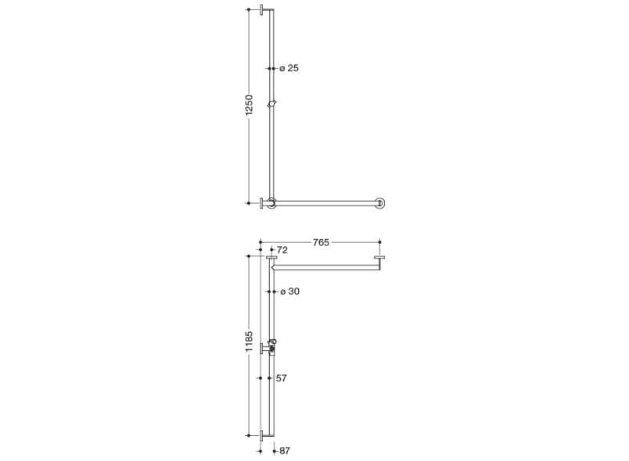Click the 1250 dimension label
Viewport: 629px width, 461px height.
point(249,105)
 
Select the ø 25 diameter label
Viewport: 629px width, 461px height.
point(289,68)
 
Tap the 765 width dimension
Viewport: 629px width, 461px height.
point(321,242)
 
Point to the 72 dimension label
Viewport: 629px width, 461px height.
point(282,250)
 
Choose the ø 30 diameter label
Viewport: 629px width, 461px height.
point(290,291)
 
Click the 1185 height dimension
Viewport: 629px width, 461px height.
point(249,341)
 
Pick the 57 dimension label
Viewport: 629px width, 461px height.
point(281,378)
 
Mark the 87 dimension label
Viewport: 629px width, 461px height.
point(285,451)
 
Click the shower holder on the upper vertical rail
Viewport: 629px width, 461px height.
point(272,104)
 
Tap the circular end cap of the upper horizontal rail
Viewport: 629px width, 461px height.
point(380,203)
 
